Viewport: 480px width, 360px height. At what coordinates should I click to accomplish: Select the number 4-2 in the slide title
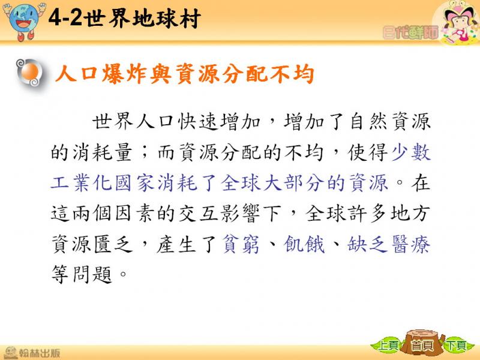65,18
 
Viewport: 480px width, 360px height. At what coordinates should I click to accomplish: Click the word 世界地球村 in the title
142,19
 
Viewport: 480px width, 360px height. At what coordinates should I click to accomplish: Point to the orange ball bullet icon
29,73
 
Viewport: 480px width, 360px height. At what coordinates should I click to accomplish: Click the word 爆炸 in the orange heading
125,74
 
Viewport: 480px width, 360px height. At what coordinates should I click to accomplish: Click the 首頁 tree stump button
422,343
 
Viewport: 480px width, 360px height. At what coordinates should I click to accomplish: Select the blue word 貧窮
241,244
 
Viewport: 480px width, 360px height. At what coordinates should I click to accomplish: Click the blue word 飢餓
304,244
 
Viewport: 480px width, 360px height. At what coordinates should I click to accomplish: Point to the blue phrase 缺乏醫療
389,244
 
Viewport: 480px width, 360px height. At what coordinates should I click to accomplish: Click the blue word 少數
411,152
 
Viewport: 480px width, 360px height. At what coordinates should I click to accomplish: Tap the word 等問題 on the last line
82,274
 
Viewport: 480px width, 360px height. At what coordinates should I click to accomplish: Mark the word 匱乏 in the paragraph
113,244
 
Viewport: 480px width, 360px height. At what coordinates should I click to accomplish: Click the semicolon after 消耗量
145,152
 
